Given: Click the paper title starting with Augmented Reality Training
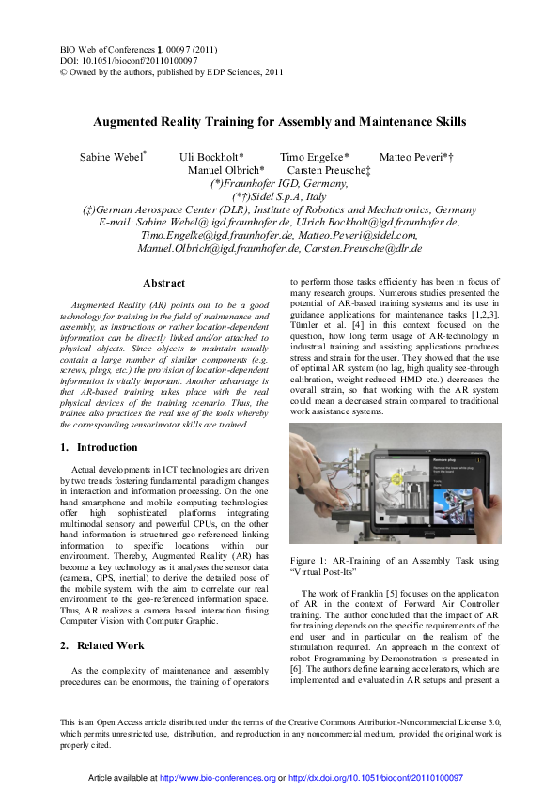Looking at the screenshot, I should pos(279,122).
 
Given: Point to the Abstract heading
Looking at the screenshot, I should pos(163,283).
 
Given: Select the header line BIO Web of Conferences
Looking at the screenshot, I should pos(128,47).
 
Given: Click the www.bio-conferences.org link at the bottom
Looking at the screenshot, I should pos(218,779).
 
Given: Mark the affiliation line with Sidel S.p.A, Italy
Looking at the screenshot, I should pos(279,196).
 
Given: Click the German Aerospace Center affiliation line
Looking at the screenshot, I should pos(279,209).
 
